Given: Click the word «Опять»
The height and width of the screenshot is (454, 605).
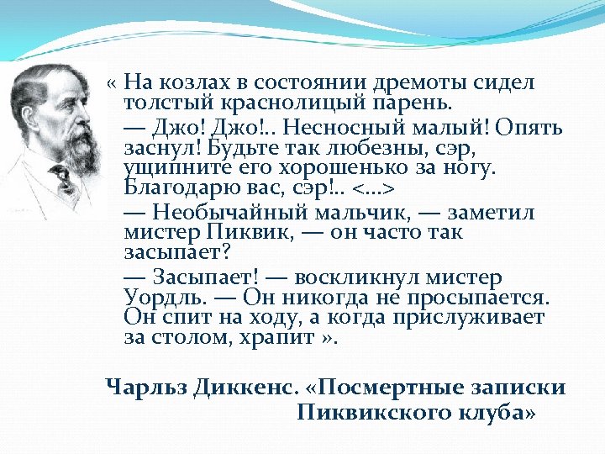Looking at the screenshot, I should click(529, 128).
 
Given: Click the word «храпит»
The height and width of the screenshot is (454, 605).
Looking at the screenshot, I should click(268, 339).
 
